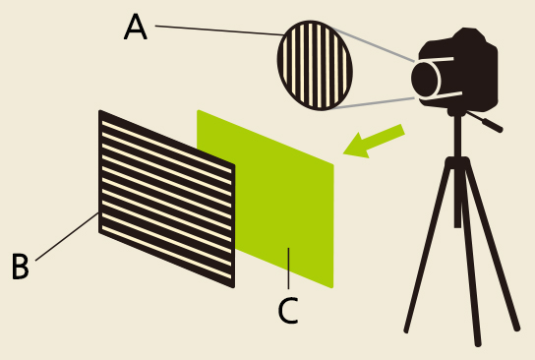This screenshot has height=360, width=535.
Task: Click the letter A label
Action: pyautogui.click(x=136, y=27)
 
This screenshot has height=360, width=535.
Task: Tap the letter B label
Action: pyautogui.click(x=20, y=266)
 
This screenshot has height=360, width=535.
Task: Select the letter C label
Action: pyautogui.click(x=287, y=310)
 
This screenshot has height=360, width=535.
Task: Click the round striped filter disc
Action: pyautogui.click(x=315, y=64)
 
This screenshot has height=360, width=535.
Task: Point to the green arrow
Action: pyautogui.click(x=374, y=142)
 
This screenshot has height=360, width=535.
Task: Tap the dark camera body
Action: pyautogui.click(x=467, y=74)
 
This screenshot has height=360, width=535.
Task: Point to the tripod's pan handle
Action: pyautogui.click(x=486, y=122)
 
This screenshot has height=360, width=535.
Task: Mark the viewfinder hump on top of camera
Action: pyautogui.click(x=470, y=36)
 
